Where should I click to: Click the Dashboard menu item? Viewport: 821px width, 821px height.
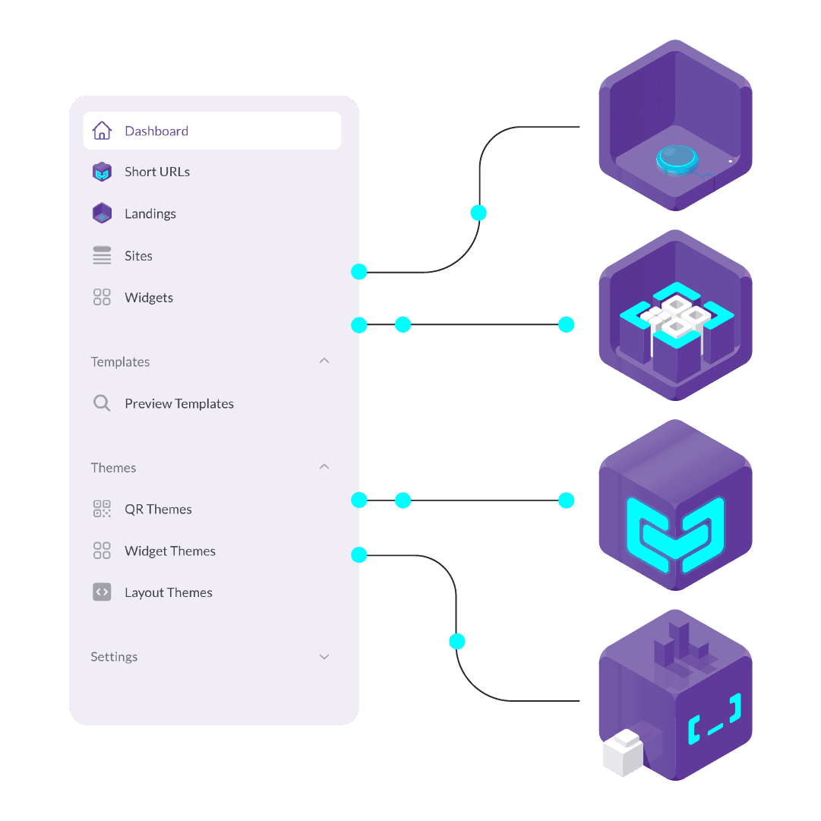(156, 131)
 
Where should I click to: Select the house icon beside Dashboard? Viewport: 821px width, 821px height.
(102, 131)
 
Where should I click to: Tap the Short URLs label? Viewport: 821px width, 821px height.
(157, 172)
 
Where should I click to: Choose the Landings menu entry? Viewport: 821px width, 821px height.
(150, 213)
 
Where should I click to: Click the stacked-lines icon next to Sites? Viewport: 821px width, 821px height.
(102, 255)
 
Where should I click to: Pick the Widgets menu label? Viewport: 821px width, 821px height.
(149, 298)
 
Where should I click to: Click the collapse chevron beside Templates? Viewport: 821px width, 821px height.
(324, 361)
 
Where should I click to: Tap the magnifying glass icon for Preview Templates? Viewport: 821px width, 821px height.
(102, 403)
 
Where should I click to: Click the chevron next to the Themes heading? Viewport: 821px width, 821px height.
(324, 466)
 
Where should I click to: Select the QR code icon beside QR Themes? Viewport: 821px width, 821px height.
(102, 509)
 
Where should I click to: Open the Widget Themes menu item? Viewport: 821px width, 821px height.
(170, 551)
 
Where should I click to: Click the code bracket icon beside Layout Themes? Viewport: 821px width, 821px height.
(102, 592)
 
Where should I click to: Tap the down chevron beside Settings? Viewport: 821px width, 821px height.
(324, 657)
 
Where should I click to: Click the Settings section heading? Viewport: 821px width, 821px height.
(114, 657)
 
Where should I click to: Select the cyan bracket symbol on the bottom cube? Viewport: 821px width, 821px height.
(715, 718)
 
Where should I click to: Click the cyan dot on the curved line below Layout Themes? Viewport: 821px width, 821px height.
(456, 642)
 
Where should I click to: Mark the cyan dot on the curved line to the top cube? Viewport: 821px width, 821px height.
(478, 213)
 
